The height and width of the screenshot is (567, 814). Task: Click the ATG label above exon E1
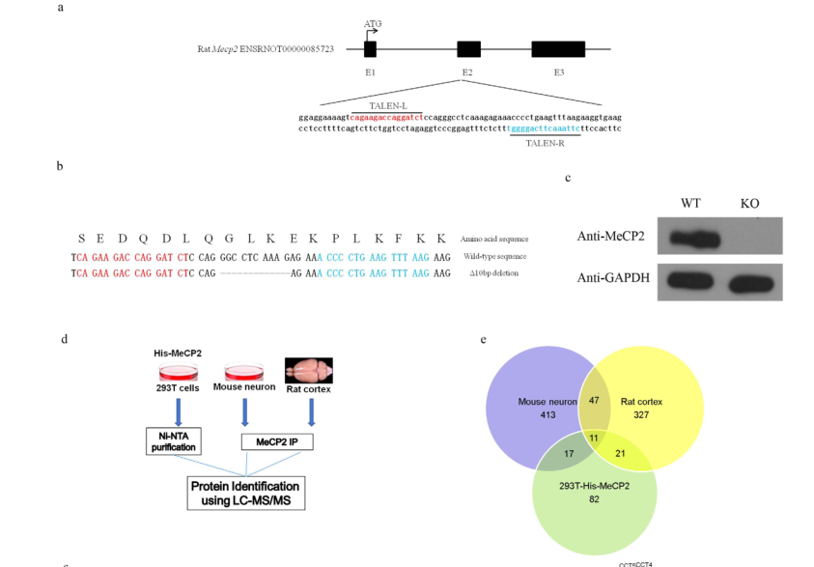click(372, 22)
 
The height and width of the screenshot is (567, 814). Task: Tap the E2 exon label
click(467, 73)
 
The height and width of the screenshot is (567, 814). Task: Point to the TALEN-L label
click(387, 105)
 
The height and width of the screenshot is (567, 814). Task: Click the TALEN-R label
click(546, 143)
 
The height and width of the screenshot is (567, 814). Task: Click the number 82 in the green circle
click(593, 500)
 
